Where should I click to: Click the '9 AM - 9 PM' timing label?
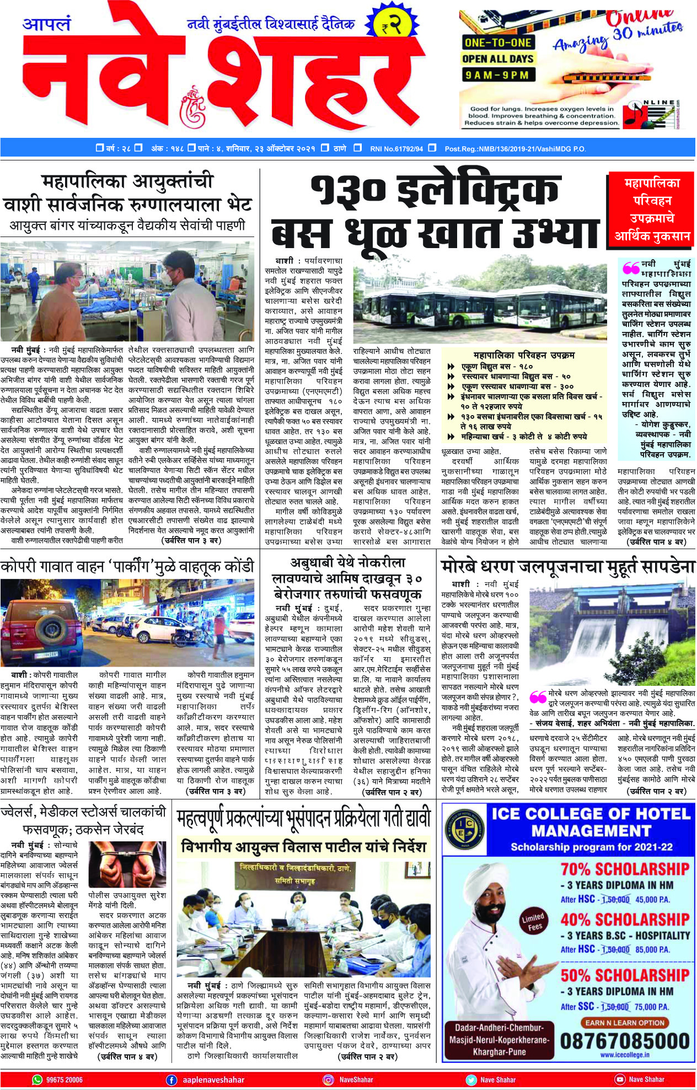coord(497,75)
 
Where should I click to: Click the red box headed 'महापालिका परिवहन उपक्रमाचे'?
coord(652,210)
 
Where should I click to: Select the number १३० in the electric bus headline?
coord(348,190)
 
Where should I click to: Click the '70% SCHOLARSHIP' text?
coord(625,869)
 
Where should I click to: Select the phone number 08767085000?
coord(625,1040)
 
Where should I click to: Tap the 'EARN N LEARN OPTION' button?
coord(625,1022)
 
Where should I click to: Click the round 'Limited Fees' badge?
coord(533,921)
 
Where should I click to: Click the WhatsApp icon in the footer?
coord(37,1079)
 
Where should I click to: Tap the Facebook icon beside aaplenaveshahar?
coord(171,1080)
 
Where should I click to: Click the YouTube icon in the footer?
coord(619,1080)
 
